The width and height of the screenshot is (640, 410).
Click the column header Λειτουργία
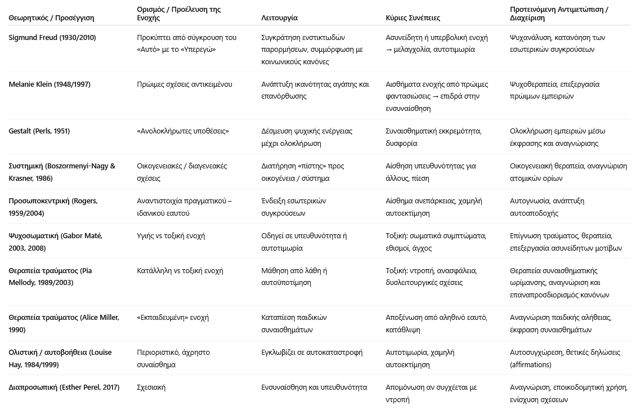point(280,18)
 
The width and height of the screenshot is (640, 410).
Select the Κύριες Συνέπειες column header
point(413,18)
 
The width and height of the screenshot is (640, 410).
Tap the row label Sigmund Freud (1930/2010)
point(52,38)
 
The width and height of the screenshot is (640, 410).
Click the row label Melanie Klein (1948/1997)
point(50,84)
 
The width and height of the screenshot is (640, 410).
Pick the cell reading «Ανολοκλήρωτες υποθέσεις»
point(183,131)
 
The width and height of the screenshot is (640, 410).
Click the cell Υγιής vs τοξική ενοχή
point(171,236)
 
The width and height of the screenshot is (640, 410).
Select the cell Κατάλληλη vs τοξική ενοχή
point(180,271)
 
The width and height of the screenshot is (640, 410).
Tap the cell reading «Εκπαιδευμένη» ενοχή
point(173,318)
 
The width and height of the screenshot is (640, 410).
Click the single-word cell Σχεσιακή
point(151,387)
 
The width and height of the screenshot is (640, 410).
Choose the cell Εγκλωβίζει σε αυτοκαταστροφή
point(312,353)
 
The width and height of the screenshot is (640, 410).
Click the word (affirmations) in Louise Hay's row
point(531,364)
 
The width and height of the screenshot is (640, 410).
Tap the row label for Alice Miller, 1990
point(64,323)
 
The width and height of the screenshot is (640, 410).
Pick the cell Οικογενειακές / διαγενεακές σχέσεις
point(182,172)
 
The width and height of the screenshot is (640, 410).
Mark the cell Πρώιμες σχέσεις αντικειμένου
point(184,84)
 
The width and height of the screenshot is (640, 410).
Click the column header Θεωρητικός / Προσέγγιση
point(51,18)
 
